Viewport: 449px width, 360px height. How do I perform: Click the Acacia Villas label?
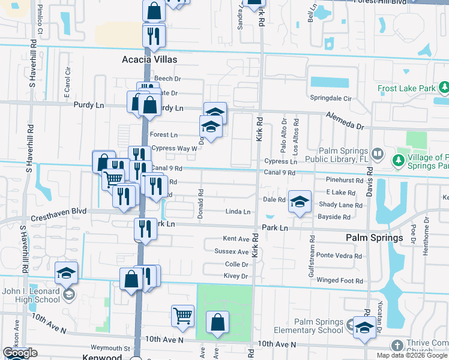(x=149, y=59)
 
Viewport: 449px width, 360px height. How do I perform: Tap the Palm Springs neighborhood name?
(x=374, y=238)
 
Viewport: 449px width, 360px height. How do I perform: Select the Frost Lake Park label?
(x=406, y=89)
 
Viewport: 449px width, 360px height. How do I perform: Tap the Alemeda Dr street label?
(x=345, y=120)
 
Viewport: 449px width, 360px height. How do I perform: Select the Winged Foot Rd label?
(x=340, y=280)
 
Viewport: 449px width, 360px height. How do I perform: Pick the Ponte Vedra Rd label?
(x=339, y=256)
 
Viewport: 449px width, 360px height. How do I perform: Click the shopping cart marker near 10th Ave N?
(x=182, y=314)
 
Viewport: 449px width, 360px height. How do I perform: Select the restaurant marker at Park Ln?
(x=145, y=229)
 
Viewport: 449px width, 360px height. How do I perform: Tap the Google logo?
(x=19, y=353)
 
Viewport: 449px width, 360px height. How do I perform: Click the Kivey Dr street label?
(x=236, y=276)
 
